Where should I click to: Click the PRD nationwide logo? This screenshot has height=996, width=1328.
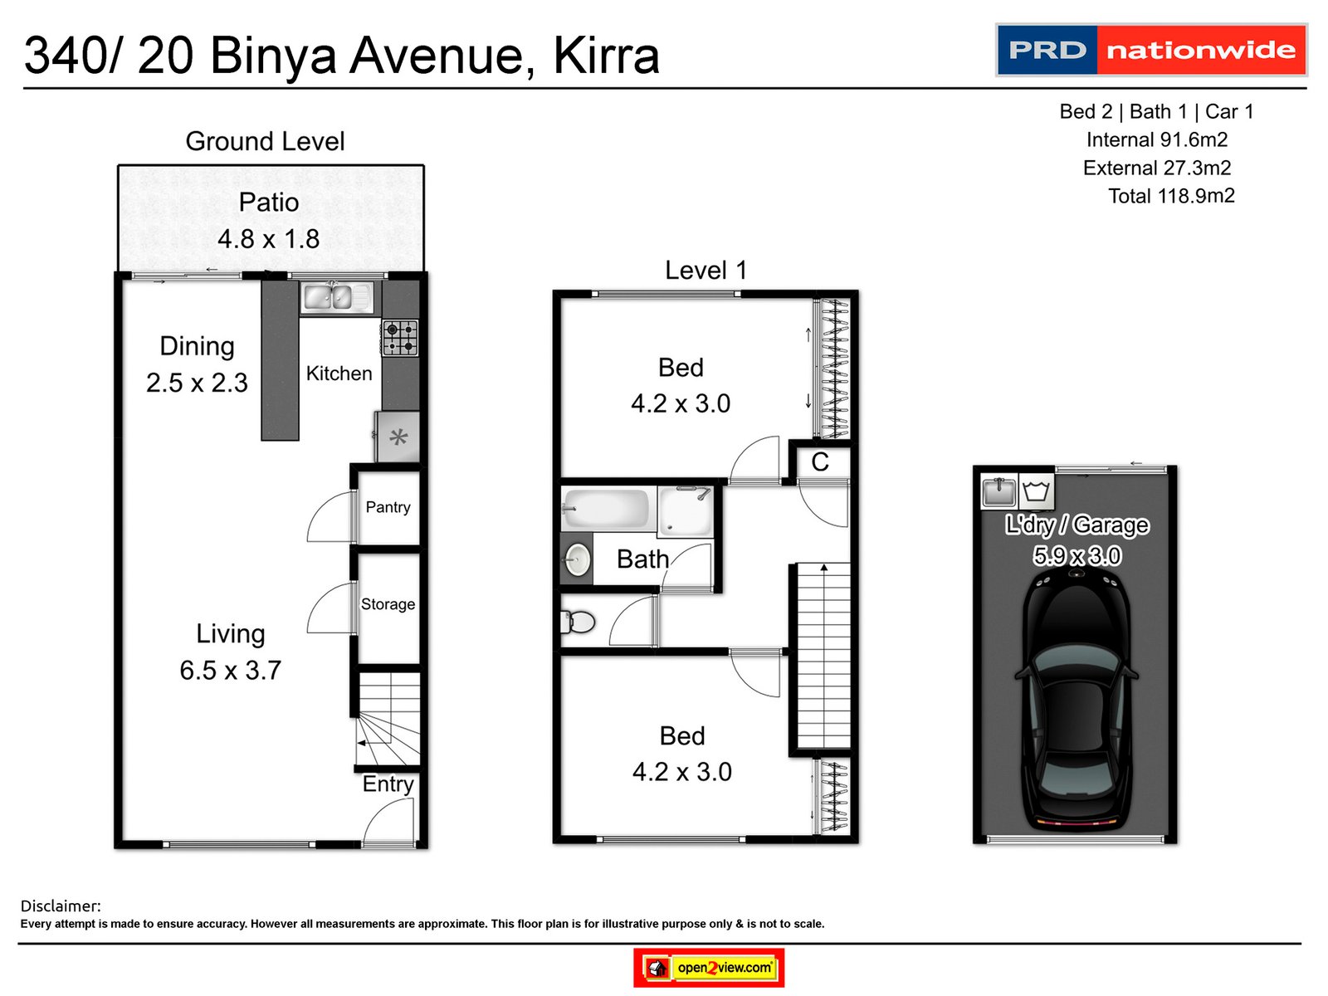[1150, 50]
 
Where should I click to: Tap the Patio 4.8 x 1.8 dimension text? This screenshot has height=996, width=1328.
[268, 239]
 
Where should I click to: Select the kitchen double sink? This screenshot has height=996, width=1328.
[336, 297]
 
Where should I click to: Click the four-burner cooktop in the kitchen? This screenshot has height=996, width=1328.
[400, 338]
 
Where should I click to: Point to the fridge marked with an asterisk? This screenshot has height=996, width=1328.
[398, 437]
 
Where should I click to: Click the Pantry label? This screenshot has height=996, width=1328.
[388, 507]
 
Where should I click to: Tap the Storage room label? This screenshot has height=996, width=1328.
[388, 604]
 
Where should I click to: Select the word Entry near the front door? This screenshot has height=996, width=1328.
[388, 784]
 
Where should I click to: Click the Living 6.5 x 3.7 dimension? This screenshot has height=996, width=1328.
[230, 670]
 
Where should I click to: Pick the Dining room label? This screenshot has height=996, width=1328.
[197, 346]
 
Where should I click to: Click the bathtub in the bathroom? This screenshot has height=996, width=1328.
[605, 508]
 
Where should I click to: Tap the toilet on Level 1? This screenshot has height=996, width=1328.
[579, 622]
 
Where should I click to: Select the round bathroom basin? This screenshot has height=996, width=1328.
[578, 560]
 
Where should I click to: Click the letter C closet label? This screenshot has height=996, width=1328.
[820, 462]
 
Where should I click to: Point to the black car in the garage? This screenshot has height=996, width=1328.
[1077, 697]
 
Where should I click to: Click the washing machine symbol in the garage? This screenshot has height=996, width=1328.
[1036, 491]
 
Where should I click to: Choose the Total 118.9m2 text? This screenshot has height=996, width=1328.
[1171, 196]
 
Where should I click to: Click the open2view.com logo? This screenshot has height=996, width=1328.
[709, 968]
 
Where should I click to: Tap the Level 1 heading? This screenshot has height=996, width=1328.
[705, 270]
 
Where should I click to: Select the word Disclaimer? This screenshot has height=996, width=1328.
[61, 906]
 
